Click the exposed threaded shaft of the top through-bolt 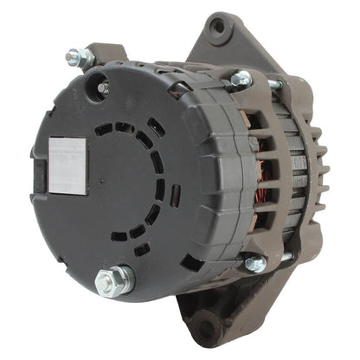pos(273,84)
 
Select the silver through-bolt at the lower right pos(255,264)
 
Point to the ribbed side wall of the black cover pos(208,173)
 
